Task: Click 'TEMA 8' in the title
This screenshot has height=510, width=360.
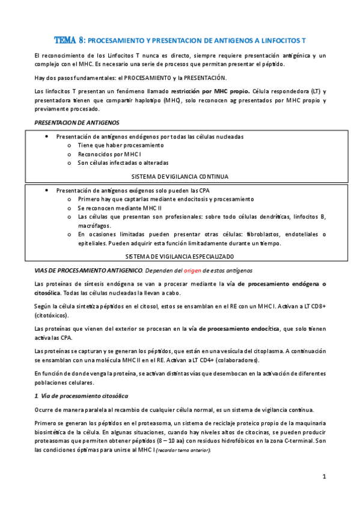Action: point(70,40)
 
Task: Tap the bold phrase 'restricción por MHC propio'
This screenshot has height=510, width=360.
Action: point(204,91)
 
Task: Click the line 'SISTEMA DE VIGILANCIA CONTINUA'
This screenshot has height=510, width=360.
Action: point(180,176)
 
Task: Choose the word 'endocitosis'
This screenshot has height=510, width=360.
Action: point(176,199)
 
